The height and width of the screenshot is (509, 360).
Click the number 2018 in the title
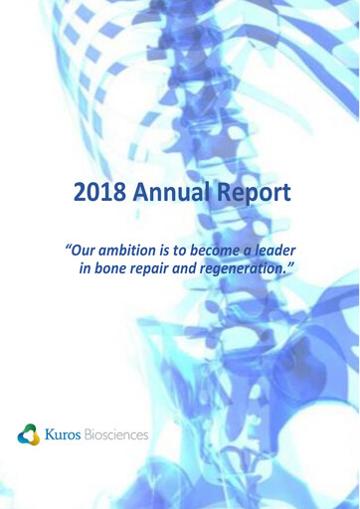(102, 190)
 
